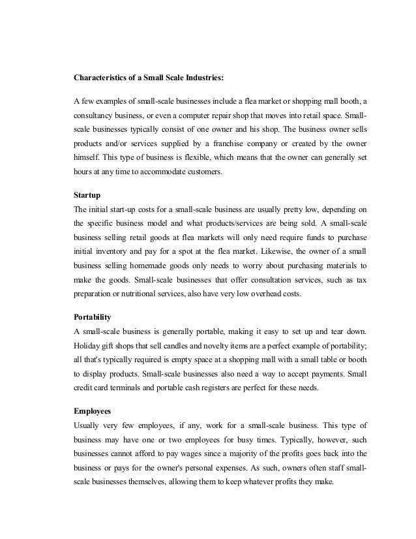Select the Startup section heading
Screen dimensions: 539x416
coord(87,195)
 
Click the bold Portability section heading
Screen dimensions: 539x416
coord(94,316)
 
